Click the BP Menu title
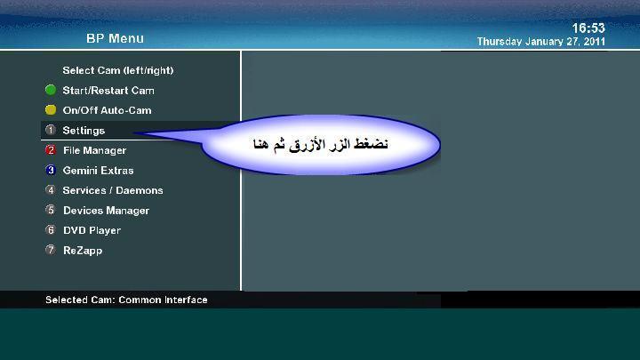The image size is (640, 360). pyautogui.click(x=115, y=38)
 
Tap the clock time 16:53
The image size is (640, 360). pyautogui.click(x=588, y=28)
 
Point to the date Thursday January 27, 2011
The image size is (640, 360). pyautogui.click(x=540, y=42)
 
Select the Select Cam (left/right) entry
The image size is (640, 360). pyautogui.click(x=118, y=70)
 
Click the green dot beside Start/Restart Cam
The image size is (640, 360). pyautogui.click(x=51, y=90)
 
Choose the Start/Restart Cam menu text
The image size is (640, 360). pyautogui.click(x=108, y=90)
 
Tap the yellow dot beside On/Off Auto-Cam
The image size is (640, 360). pyautogui.click(x=51, y=110)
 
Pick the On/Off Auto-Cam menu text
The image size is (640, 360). pyautogui.click(x=107, y=110)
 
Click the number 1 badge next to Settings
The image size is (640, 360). pyautogui.click(x=51, y=130)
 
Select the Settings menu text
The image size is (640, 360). pyautogui.click(x=84, y=131)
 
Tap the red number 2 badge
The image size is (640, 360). pyautogui.click(x=51, y=150)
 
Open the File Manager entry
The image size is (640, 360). pyautogui.click(x=95, y=150)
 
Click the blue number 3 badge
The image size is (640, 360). pyautogui.click(x=51, y=170)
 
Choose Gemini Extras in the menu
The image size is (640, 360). pyautogui.click(x=98, y=171)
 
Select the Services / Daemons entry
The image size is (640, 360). pyautogui.click(x=113, y=190)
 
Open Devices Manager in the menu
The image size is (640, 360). pyautogui.click(x=106, y=211)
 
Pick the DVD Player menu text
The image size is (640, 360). pyautogui.click(x=92, y=230)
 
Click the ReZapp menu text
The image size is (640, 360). pyautogui.click(x=83, y=250)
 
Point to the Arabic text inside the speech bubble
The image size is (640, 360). pyautogui.click(x=320, y=145)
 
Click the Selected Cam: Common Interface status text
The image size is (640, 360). pyautogui.click(x=126, y=300)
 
